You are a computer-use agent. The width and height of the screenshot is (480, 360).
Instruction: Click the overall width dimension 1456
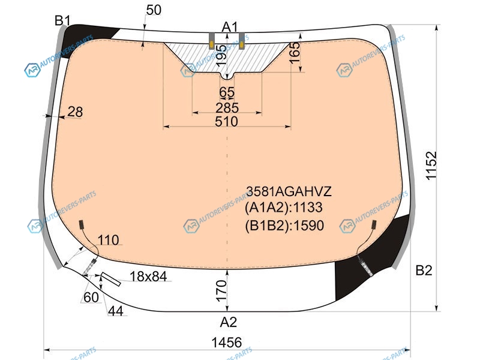[227, 342]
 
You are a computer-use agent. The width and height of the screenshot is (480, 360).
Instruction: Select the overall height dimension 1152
[431, 166]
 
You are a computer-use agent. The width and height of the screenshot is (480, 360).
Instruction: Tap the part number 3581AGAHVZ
[289, 191]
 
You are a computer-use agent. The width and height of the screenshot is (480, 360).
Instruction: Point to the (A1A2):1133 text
[283, 208]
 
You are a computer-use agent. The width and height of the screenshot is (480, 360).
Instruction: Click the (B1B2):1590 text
[284, 226]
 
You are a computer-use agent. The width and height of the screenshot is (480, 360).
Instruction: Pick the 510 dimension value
[226, 122]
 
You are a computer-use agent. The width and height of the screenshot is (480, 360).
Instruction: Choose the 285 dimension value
[227, 108]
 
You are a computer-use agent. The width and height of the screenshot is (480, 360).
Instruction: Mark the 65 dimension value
[227, 92]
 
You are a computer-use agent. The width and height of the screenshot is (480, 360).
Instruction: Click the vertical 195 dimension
[221, 55]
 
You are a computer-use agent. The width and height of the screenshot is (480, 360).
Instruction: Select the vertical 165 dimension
[295, 53]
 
